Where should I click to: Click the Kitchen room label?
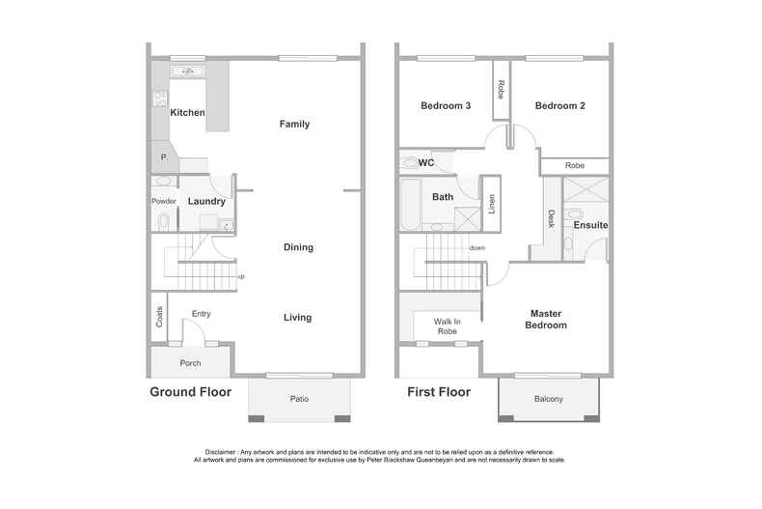pos(187,113)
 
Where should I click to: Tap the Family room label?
pos(294,124)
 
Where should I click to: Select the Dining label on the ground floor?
pos(298,247)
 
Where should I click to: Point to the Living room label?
pos(298,318)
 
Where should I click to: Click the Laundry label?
pos(206,202)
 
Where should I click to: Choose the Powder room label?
pos(162,202)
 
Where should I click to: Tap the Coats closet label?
pos(159,317)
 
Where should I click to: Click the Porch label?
pos(191,363)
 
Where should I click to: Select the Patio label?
pos(298,399)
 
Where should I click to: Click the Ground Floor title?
pos(190,392)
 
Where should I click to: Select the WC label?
pos(426,163)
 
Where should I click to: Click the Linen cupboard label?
pos(491,206)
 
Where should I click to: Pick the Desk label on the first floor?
pos(551,219)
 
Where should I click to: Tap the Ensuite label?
pos(590,225)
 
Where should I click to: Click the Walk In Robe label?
pos(448,325)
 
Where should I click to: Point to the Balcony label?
pos(548,399)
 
